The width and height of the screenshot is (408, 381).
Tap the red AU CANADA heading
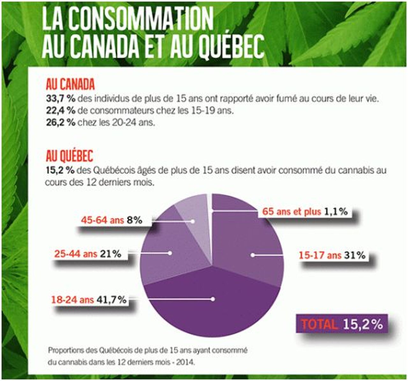(70, 84)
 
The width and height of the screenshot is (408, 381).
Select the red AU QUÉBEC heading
(69, 156)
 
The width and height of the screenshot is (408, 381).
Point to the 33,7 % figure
(61, 99)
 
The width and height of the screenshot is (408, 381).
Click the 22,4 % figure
(61, 111)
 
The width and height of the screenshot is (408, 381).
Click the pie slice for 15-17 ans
(255, 242)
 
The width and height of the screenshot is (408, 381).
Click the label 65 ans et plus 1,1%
(305, 212)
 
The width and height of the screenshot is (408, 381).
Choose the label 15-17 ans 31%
(332, 255)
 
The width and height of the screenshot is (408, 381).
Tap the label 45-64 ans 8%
(112, 220)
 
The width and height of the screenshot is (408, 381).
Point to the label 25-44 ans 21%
(88, 254)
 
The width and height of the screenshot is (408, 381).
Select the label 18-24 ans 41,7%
(89, 300)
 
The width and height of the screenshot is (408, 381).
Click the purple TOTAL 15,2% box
(342, 324)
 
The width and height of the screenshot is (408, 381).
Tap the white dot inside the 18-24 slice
(213, 299)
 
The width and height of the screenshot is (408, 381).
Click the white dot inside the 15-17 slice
(252, 255)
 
